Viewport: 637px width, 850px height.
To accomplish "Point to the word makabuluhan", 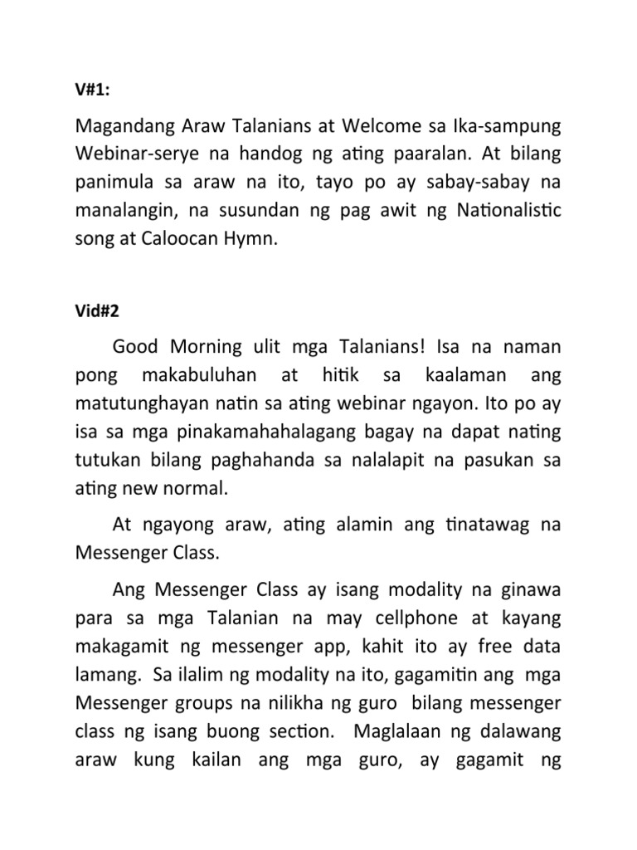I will point(199,375).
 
